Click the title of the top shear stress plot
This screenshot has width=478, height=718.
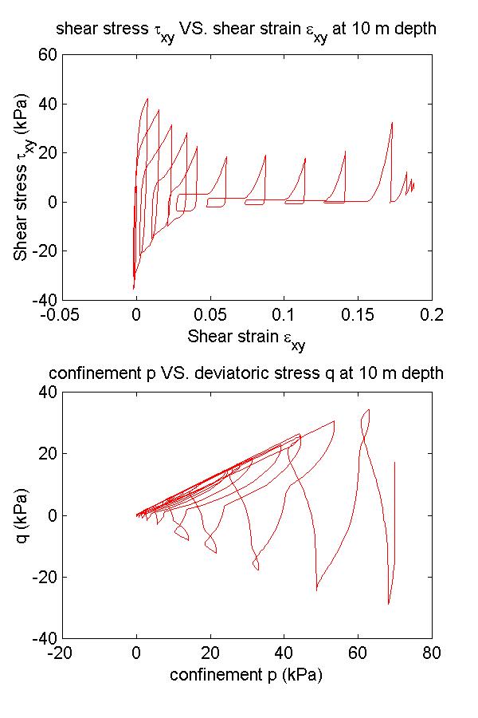coord(246,31)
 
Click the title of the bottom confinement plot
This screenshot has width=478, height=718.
coord(246,373)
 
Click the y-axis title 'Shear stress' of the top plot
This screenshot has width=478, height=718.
coord(22,178)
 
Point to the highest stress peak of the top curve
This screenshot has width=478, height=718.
coord(147,99)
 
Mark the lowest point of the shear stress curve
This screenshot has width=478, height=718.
coord(133,288)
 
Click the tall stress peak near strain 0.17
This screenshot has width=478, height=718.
coord(392,123)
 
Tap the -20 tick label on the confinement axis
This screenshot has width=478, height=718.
coord(61,653)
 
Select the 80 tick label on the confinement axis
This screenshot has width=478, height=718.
coord(431,653)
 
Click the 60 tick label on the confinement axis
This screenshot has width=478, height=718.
coord(358,653)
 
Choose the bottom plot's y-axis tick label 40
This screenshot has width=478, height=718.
coord(49,393)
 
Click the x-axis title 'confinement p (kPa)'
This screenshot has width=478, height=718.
coord(246,674)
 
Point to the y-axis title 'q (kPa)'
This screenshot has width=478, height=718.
coord(22,515)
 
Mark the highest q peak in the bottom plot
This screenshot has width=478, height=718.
coord(368,409)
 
